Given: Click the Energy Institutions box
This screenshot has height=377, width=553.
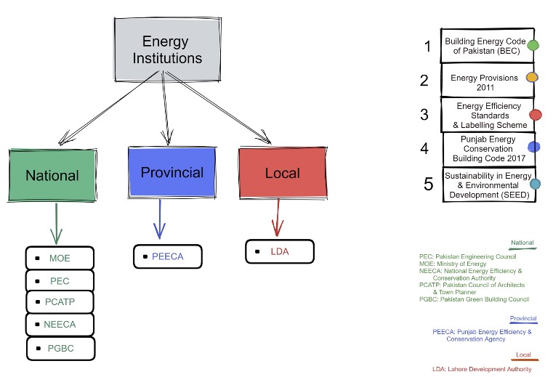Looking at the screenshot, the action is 168,49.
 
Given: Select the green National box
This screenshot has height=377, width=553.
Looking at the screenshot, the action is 52,175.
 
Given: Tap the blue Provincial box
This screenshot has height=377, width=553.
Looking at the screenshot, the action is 172,172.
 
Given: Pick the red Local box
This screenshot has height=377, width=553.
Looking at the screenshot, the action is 283,173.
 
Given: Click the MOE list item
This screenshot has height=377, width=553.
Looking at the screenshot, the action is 60,258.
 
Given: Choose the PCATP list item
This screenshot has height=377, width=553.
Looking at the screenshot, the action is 60,302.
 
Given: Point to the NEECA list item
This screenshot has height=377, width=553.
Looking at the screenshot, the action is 60,325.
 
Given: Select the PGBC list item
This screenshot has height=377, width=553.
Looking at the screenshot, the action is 60,349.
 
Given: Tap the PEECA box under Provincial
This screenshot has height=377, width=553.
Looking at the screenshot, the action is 168,256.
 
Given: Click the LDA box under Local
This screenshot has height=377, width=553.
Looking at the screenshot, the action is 280,251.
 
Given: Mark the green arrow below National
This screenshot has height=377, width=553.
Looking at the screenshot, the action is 56,224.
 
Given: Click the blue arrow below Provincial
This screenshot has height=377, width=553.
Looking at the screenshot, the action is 160,219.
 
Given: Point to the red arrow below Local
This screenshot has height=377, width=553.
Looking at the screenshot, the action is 278,218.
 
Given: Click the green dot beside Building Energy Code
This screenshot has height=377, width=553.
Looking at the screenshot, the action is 533,45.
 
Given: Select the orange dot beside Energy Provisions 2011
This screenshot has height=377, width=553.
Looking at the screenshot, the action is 532,77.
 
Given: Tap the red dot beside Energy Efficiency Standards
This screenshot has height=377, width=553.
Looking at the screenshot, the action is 536,115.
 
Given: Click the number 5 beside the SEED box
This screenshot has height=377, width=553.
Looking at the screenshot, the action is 429,184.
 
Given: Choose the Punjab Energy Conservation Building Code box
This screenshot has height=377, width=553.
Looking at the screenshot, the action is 489,149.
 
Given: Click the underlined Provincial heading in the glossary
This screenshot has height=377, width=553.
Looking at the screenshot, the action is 523,318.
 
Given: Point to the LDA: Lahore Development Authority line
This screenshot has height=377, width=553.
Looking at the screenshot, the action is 482,369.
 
